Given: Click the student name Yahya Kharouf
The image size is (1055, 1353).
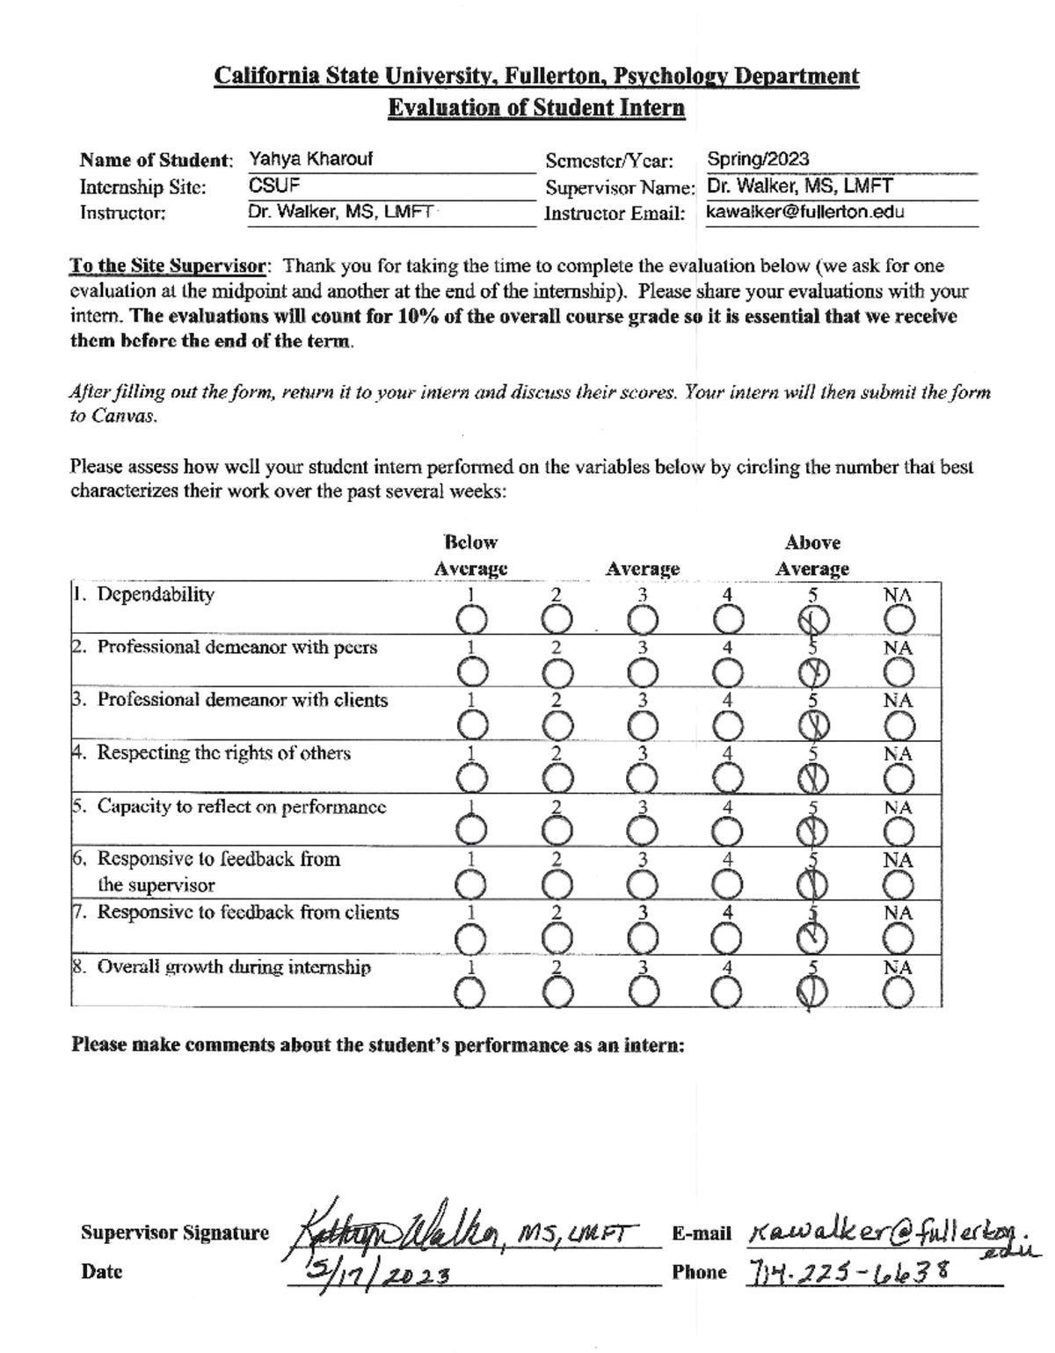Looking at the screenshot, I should click(310, 159).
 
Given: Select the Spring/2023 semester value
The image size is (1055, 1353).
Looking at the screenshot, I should click(758, 159).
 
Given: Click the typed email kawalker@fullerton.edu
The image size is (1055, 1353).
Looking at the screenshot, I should click(804, 212).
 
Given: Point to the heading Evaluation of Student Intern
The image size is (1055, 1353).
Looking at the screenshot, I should click(536, 108).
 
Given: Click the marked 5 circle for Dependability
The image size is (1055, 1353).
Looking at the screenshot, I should click(813, 621).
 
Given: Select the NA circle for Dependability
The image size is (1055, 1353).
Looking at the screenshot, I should click(899, 621).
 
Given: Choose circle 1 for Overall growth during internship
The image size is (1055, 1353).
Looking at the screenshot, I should click(470, 993).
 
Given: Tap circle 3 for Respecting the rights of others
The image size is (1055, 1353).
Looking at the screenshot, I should click(643, 778).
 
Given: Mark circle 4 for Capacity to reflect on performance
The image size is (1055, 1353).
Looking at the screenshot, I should click(727, 831).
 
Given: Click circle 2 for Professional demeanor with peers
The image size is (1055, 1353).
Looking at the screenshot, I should click(556, 673).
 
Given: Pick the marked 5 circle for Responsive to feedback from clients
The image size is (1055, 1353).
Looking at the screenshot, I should click(813, 939).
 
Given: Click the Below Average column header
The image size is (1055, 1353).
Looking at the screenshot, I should click(471, 556).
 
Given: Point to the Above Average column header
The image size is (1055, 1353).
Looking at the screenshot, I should click(812, 556).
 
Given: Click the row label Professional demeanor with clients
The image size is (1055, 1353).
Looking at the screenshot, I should click(242, 701).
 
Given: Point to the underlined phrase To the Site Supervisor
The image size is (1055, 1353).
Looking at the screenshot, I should click(167, 266).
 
